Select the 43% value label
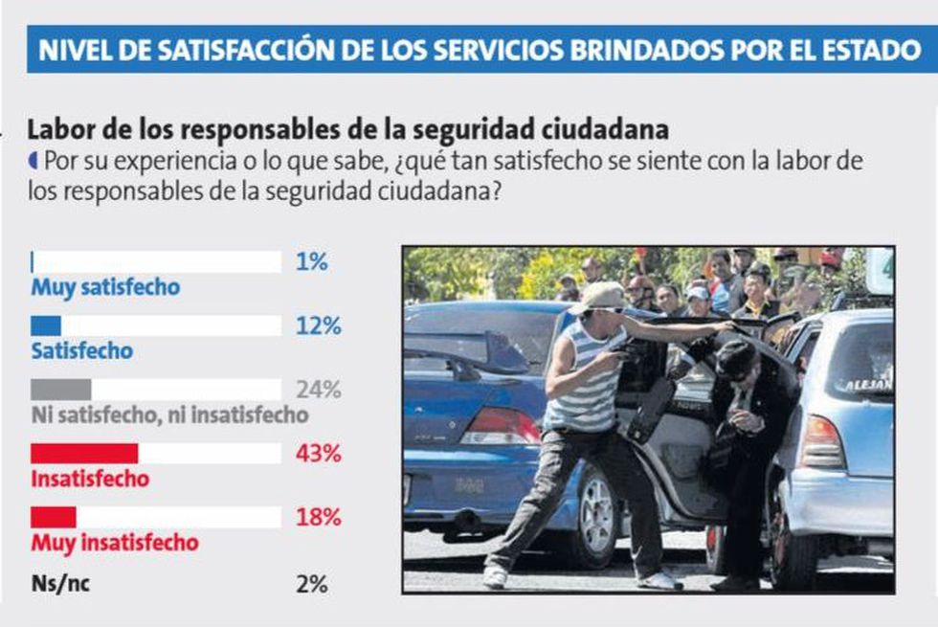pos(319,454)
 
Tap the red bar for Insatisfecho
pos(84,454)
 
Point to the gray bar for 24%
pos(60,390)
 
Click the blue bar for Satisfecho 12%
pos(45,325)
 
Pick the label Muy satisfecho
pos(105,287)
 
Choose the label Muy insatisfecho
pos(115,543)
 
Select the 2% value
pos(313,583)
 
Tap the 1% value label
pos(313,261)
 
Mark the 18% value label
pos(319,517)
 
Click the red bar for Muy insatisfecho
pos(54,517)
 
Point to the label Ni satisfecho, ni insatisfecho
pos(169,414)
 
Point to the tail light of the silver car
pos(821,442)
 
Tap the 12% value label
pos(319,325)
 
